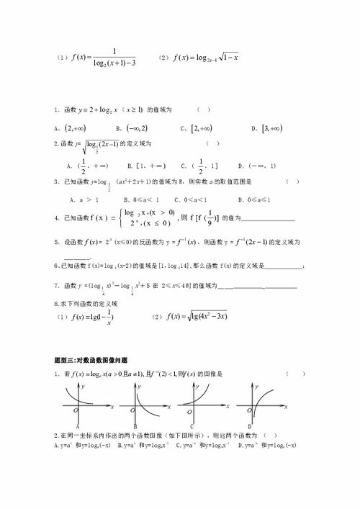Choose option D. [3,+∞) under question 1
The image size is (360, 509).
[267, 128]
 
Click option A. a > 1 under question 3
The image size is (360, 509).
[85, 198]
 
